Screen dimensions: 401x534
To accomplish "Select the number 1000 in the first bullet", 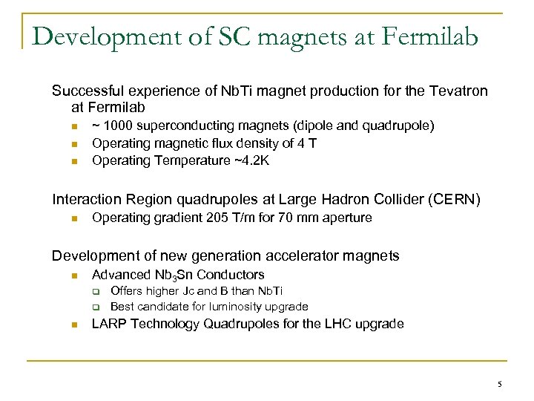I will click(116, 126).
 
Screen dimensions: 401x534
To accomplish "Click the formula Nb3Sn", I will click(171, 276).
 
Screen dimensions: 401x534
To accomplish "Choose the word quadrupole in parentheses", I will click(378, 126).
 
